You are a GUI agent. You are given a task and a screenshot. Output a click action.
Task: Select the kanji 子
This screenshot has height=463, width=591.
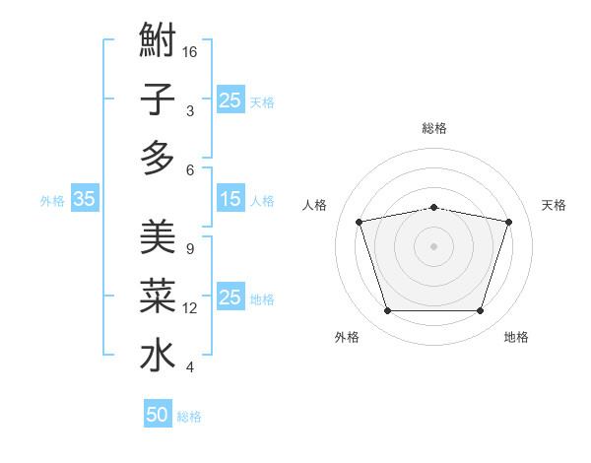[x=158, y=99]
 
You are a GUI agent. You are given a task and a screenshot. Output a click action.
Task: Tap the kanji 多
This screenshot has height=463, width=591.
[x=158, y=158]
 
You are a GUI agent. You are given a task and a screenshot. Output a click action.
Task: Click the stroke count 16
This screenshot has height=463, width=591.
[x=191, y=51]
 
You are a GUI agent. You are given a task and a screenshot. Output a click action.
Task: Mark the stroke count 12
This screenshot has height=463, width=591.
[x=190, y=308]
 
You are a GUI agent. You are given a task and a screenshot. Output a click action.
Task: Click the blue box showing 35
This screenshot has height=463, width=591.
[x=84, y=199]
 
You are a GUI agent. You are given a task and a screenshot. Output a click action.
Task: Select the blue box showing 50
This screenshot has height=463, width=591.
[x=158, y=416]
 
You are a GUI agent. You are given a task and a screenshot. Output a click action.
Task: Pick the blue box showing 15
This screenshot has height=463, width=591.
[x=230, y=199]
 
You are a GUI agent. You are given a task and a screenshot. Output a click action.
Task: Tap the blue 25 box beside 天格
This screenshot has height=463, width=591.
[x=230, y=99]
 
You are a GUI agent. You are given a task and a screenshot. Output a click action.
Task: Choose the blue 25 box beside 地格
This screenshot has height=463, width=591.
[x=230, y=298]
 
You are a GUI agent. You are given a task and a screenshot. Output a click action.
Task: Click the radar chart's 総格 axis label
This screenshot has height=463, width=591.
[x=433, y=129]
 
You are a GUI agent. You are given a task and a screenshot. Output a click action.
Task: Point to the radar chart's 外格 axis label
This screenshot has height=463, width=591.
[x=347, y=338]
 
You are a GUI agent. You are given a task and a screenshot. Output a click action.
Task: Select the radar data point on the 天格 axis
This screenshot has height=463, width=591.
[x=509, y=223]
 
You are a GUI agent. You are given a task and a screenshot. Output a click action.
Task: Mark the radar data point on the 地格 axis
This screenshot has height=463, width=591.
[x=480, y=311]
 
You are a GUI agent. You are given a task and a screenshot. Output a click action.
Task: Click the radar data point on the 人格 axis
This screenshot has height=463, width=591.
[x=359, y=223]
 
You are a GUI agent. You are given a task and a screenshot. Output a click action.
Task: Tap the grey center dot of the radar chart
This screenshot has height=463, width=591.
[x=433, y=246]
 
